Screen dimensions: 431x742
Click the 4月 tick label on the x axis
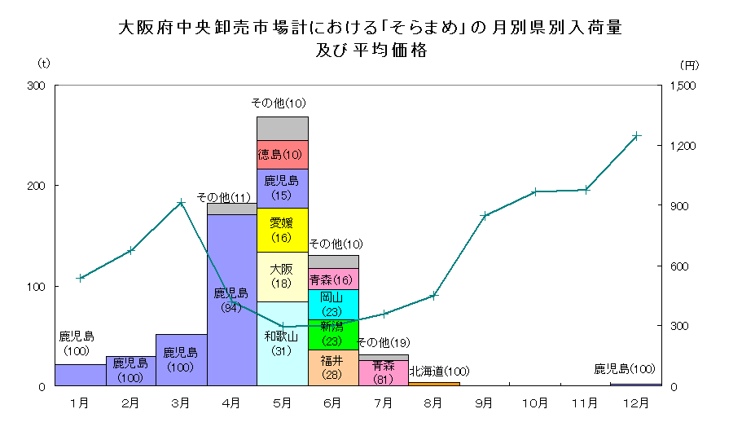[231, 402]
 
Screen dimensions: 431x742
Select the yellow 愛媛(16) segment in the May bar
[282, 230]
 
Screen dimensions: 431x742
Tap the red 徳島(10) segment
[282, 155]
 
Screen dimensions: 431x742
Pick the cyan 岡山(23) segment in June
[333, 304]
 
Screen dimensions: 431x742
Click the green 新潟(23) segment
[333, 335]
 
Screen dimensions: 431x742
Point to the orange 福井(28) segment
[333, 367]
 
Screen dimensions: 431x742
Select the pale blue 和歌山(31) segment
[282, 343]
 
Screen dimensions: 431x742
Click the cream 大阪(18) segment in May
[282, 276]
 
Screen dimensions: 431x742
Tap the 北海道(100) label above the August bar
[440, 372]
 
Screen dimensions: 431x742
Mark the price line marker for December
[636, 135]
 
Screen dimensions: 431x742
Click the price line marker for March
[181, 202]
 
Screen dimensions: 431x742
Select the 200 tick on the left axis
[37, 187]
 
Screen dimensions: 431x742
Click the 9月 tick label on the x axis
[485, 402]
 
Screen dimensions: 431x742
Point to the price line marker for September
[485, 216]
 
